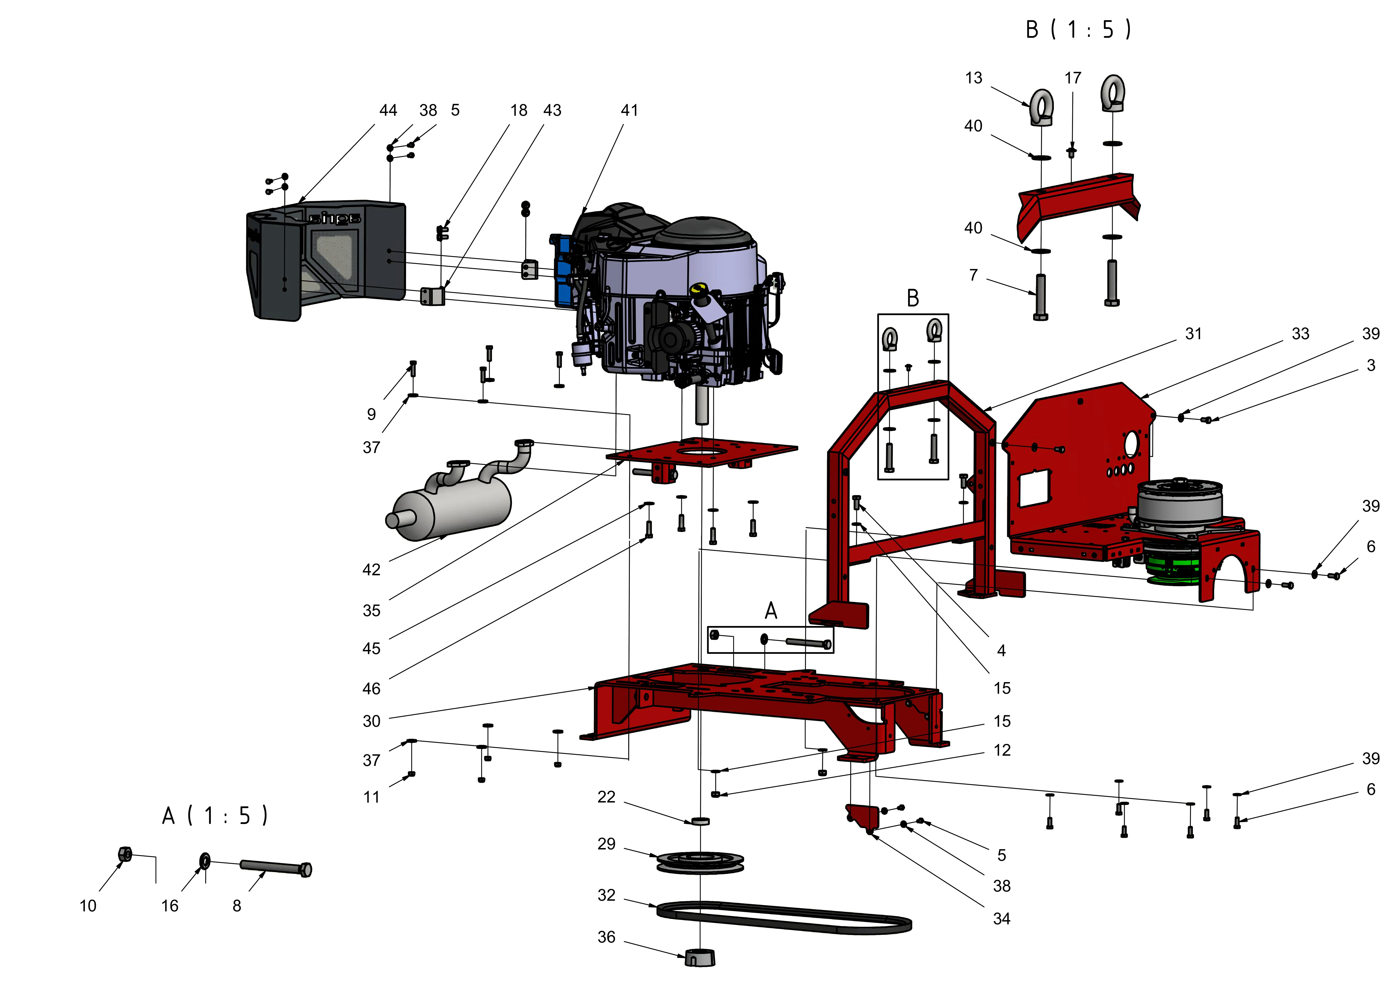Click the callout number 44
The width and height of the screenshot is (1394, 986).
pyautogui.click(x=388, y=111)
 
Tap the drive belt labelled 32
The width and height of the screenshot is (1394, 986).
pyautogui.click(x=783, y=917)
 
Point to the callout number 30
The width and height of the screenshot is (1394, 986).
pyautogui.click(x=372, y=721)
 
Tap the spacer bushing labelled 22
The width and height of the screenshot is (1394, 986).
pyautogui.click(x=701, y=821)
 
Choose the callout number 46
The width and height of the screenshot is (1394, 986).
pyautogui.click(x=372, y=688)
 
